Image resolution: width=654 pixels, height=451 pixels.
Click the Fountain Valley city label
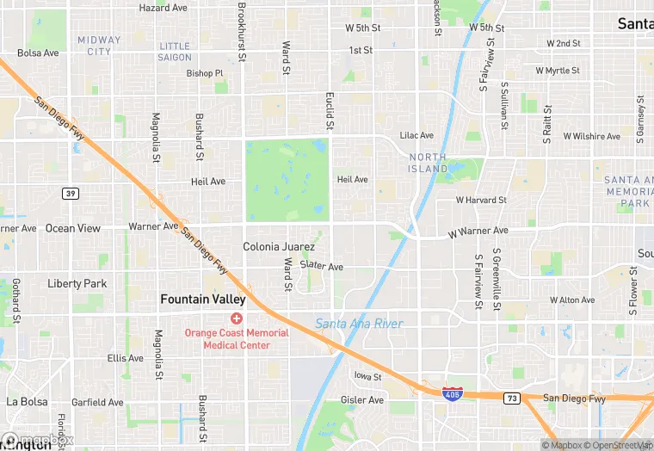[x=203, y=300]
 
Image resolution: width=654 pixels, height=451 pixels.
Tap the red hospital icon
[x=236, y=318]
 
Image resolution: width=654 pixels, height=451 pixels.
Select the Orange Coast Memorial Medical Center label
[x=236, y=339]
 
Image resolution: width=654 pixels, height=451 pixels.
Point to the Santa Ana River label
[x=359, y=324]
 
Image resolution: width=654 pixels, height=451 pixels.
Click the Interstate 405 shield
[x=451, y=393]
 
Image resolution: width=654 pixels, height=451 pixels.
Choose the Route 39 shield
[x=69, y=194]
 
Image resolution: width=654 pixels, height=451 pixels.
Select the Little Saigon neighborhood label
[x=175, y=52]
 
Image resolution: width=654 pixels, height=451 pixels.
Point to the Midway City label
[x=99, y=46]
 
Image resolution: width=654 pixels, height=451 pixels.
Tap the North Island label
[x=429, y=163]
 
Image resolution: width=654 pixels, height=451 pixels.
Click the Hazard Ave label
[x=163, y=8]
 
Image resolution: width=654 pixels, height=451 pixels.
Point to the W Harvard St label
[x=481, y=201]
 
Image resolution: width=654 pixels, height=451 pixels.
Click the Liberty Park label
[x=77, y=283]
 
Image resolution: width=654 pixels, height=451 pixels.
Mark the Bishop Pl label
[x=205, y=74]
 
